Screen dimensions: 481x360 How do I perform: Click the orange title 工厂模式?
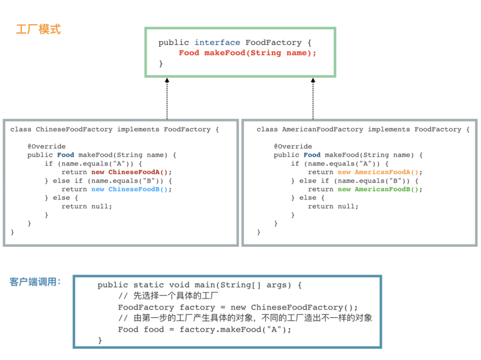(38, 29)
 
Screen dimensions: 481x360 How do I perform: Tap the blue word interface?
(217, 42)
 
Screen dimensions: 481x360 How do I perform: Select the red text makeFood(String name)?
(260, 53)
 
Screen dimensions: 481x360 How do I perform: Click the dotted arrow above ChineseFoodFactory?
(167, 98)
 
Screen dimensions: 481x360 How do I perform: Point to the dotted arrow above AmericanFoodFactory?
(313, 98)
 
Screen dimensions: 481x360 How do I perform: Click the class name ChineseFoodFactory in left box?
(74, 129)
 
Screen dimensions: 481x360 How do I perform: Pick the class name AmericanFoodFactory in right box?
(323, 129)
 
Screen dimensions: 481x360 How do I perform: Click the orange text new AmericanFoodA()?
(378, 172)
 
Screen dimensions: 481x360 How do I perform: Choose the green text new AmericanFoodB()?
(378, 189)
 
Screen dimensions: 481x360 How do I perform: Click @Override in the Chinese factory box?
(47, 146)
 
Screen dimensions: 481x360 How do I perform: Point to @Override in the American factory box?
(293, 146)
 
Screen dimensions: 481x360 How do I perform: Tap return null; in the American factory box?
(333, 206)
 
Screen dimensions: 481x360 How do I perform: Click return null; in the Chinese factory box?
(87, 206)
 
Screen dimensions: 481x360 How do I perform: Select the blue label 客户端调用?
(35, 282)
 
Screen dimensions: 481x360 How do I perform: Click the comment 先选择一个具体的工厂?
(176, 296)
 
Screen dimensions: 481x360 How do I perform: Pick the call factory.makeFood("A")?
(235, 330)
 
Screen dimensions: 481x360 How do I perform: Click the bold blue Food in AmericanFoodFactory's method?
(312, 155)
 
